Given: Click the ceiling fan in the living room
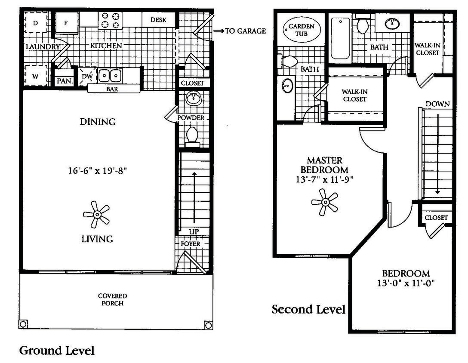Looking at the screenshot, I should pos(96,214).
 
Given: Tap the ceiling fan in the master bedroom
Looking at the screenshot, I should pos(325,202).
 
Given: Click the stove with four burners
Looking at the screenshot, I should pos(110,20).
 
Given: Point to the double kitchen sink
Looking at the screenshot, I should pos(109,76).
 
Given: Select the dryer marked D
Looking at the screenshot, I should pos(36,22).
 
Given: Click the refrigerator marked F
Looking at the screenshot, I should pos(66,23).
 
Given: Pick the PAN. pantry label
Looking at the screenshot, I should pos(64,80).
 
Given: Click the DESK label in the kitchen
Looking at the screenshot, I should pos(158,20).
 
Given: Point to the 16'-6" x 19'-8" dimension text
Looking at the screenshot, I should pos(99,170).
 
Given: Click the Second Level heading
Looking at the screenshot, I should pos(308,309).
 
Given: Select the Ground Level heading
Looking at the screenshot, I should pos(57,351).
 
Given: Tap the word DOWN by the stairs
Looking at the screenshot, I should pos(437,104).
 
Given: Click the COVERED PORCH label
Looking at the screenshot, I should pos(112,299).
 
